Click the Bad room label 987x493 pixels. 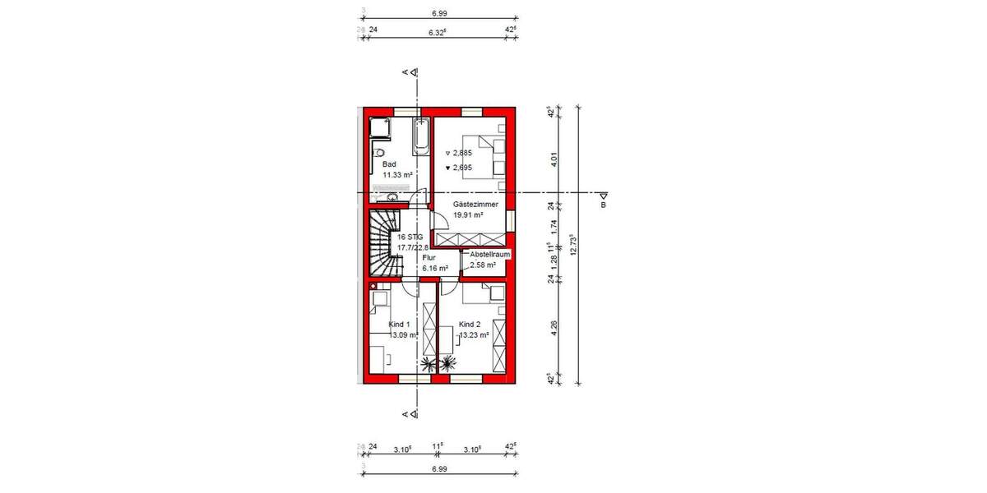(x=388, y=164)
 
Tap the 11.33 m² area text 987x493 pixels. (x=396, y=175)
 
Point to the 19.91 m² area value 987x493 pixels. (x=467, y=214)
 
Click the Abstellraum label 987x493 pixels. (x=490, y=255)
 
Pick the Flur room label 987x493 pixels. (x=429, y=257)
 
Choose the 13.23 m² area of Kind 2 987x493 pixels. (x=474, y=334)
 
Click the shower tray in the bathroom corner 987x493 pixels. (x=379, y=128)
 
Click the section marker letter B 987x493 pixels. (x=602, y=205)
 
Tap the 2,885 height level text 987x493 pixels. (x=461, y=153)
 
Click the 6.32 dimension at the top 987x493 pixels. (x=437, y=31)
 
